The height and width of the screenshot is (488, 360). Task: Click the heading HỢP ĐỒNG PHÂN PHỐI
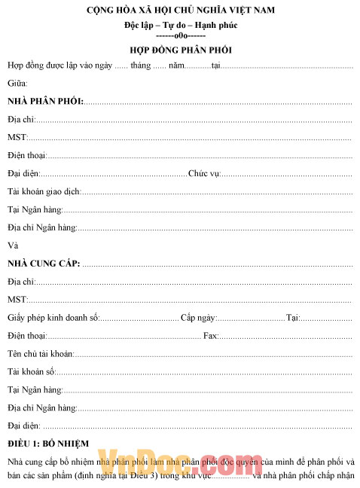(x=180, y=50)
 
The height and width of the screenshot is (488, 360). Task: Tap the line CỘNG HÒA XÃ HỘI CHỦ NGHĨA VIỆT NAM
(x=180, y=10)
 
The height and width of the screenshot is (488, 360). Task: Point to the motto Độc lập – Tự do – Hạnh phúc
(x=180, y=26)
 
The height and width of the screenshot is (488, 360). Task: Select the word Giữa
(x=17, y=83)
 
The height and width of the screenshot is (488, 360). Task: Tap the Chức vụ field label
(x=203, y=174)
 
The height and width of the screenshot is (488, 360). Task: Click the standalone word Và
(x=12, y=246)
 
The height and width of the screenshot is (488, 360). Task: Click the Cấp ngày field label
(x=199, y=318)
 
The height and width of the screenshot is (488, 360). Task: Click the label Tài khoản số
(x=31, y=372)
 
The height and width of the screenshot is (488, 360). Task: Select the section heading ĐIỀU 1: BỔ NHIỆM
(x=48, y=443)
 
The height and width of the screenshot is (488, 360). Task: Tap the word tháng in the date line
(x=140, y=66)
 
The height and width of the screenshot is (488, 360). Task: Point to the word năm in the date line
(x=176, y=66)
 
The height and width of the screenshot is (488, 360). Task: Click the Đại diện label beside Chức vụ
(x=23, y=174)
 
